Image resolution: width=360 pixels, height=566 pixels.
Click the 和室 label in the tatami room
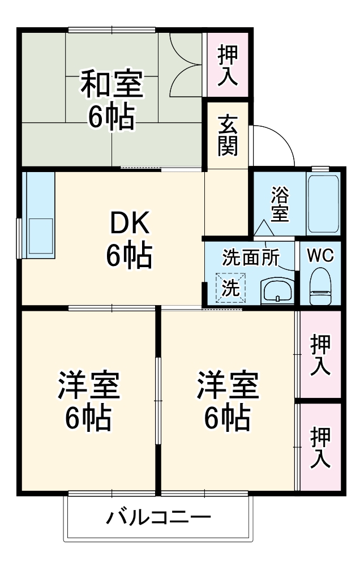(x=111, y=83)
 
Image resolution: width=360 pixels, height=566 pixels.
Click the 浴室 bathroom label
(x=280, y=204)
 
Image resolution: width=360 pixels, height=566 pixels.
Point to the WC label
(x=320, y=255)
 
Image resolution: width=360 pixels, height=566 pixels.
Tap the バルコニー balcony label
(x=158, y=517)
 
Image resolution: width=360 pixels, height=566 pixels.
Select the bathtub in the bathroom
(x=323, y=203)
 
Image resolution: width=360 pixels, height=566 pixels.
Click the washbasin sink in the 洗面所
(x=277, y=291)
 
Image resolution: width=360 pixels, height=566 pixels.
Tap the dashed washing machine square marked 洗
(x=230, y=288)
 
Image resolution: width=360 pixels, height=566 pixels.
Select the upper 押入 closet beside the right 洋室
(x=320, y=354)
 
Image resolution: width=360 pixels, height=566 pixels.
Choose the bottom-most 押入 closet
(x=320, y=447)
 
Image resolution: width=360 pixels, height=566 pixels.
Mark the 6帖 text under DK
(x=129, y=256)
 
